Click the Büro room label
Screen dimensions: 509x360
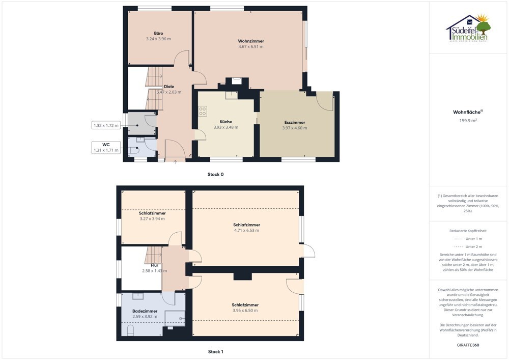158,33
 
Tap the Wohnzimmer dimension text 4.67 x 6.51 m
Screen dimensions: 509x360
251,47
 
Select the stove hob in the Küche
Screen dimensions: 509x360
203,111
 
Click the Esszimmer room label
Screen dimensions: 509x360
295,122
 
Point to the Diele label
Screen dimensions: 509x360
169,87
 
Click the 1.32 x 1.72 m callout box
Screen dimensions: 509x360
106,125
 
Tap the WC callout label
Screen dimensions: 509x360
106,145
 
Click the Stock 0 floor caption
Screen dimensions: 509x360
215,174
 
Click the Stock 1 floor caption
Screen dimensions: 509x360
215,351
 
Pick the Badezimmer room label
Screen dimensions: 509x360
145,311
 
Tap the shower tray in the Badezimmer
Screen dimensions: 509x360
175,318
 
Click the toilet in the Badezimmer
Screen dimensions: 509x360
130,330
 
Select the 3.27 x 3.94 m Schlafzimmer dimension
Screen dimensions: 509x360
152,219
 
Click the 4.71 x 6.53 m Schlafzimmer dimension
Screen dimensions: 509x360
247,231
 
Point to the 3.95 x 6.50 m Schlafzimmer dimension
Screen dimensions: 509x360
245,310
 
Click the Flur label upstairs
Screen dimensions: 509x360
155,265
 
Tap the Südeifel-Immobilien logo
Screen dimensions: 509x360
468,29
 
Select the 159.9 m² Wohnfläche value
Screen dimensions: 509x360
468,121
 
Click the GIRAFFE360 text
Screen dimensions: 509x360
468,345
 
